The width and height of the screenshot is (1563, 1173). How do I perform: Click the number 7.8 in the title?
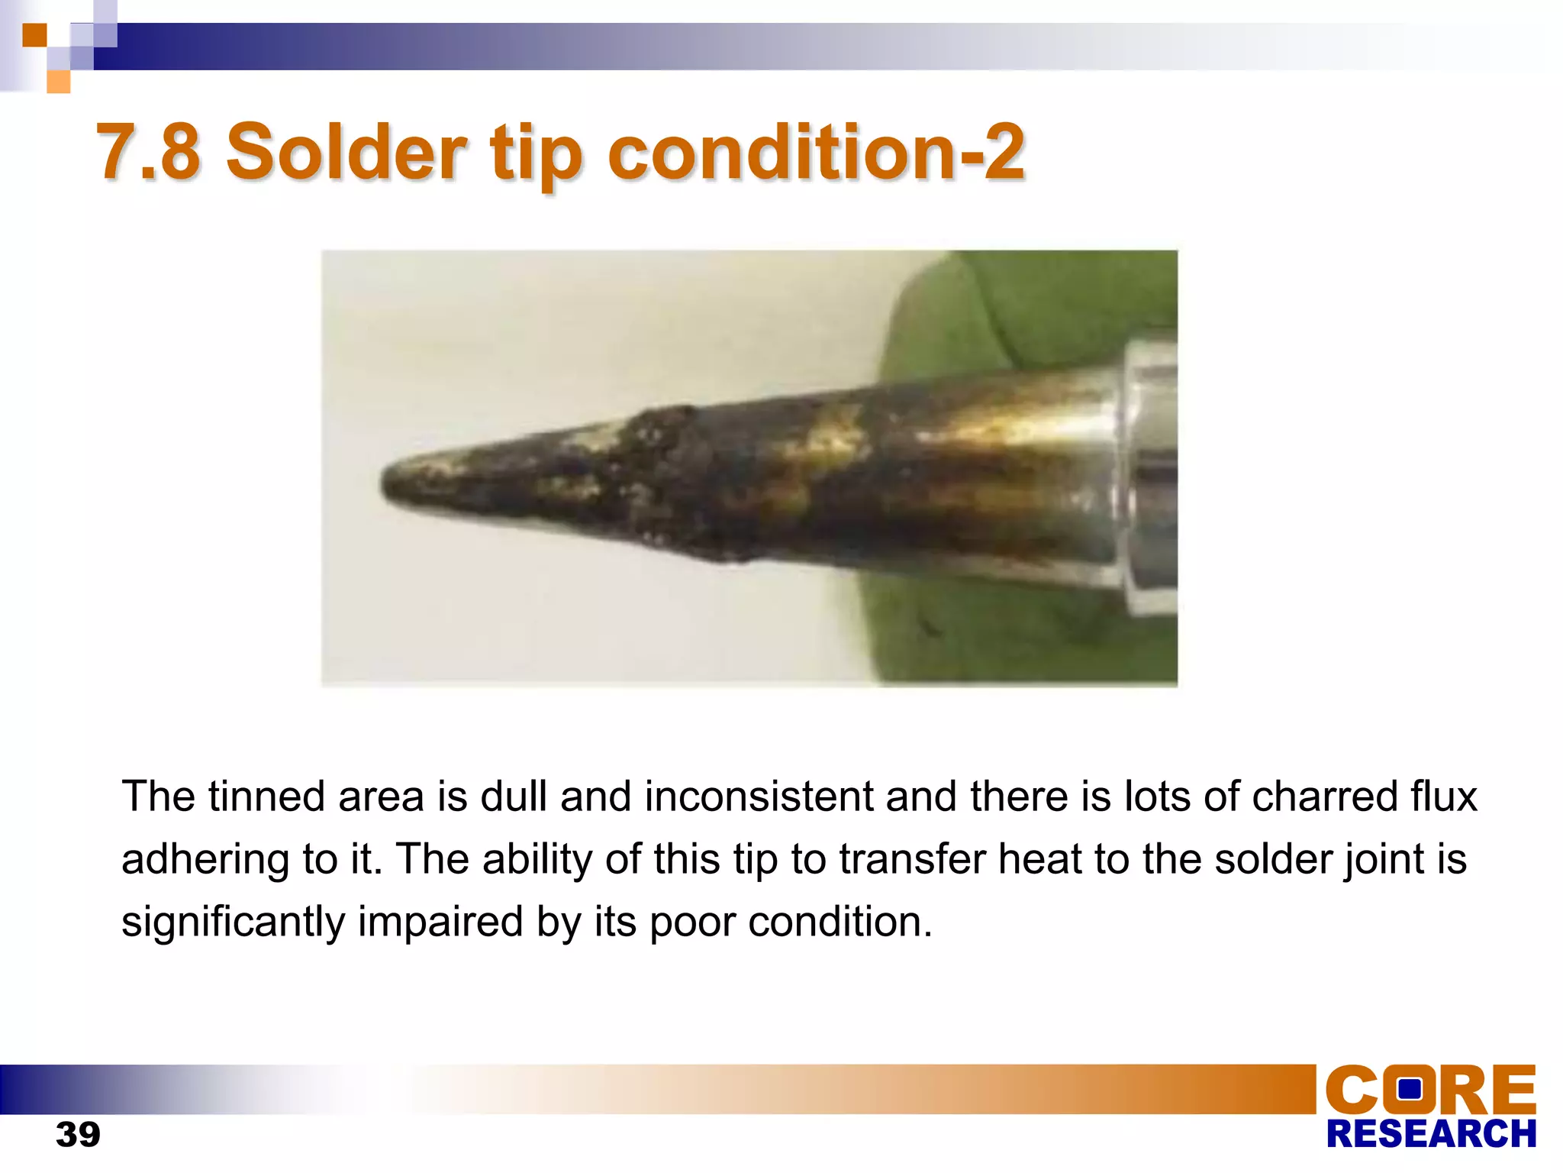tap(149, 152)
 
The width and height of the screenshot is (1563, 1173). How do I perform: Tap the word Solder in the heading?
tap(346, 152)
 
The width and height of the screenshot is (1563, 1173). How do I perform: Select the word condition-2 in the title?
tap(816, 152)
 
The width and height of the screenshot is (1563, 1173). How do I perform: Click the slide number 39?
tap(78, 1134)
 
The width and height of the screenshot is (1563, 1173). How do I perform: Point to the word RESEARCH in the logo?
tap(1431, 1134)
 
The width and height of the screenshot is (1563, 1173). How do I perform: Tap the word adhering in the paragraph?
tap(205, 860)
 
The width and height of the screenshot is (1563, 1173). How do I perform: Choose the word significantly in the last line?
tap(233, 922)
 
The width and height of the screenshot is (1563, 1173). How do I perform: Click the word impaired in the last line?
tap(440, 922)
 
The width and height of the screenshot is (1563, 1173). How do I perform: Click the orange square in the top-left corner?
tap(34, 35)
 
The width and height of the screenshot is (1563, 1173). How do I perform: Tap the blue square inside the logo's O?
tap(1409, 1087)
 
